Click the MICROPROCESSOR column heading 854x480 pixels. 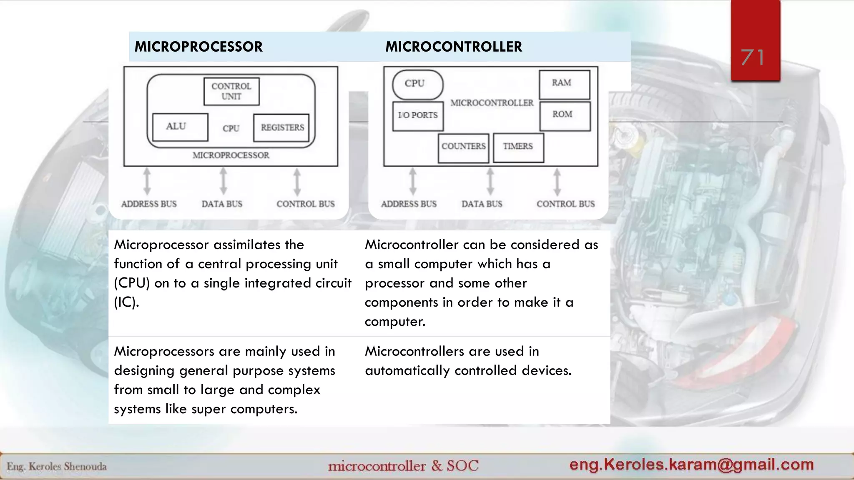pyautogui.click(x=198, y=47)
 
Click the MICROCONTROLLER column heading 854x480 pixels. pyautogui.click(x=453, y=47)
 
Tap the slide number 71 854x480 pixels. pyautogui.click(x=753, y=57)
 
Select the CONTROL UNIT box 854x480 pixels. pyautogui.click(x=231, y=91)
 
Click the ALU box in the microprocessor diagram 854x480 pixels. pyautogui.click(x=180, y=127)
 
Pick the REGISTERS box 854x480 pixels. pyautogui.click(x=282, y=127)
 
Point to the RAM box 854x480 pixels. pyautogui.click(x=564, y=84)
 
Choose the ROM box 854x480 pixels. pyautogui.click(x=565, y=115)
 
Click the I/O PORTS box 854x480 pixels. pyautogui.click(x=418, y=116)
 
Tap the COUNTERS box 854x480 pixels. pyautogui.click(x=463, y=147)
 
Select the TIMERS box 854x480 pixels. pyautogui.click(x=518, y=147)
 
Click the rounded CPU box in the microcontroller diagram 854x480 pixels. pyautogui.click(x=417, y=84)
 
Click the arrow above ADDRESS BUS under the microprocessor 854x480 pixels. pyautogui.click(x=147, y=181)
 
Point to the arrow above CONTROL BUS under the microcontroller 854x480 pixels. pyautogui.click(x=557, y=181)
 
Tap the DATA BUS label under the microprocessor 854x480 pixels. pyautogui.click(x=222, y=204)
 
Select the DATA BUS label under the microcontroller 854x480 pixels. pyautogui.click(x=482, y=204)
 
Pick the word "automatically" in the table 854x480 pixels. pyautogui.click(x=407, y=370)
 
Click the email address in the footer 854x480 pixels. pyautogui.click(x=691, y=465)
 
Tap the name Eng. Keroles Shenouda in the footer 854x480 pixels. pyautogui.click(x=57, y=467)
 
